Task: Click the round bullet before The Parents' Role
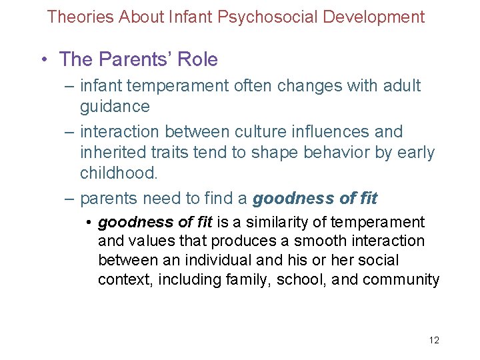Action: pyautogui.click(x=43, y=60)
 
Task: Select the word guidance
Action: pyautogui.click(x=115, y=107)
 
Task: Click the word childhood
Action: pyautogui.click(x=119, y=174)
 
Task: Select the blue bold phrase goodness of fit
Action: pyautogui.click(x=315, y=198)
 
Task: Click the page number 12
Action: pyautogui.click(x=434, y=341)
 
